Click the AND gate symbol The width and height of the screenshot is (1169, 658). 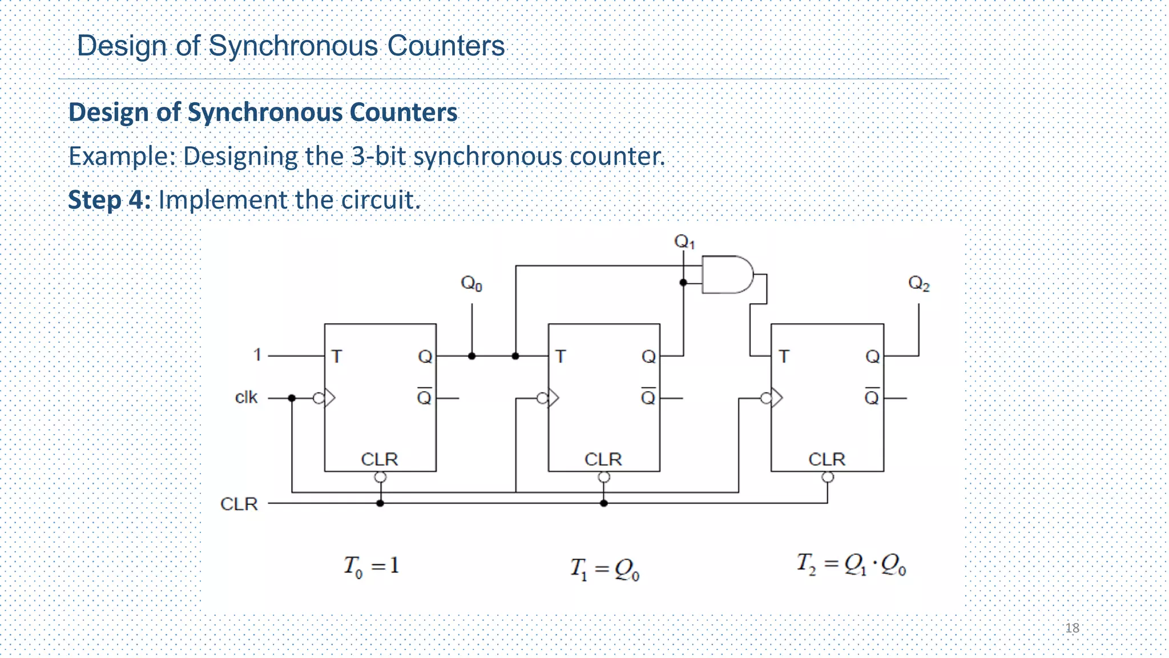(727, 275)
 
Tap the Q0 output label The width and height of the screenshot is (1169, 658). (471, 283)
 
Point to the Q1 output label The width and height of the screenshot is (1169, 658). (684, 242)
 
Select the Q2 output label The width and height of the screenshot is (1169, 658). (918, 283)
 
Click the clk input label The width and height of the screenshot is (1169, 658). (246, 397)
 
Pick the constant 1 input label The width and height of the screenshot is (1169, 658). (257, 355)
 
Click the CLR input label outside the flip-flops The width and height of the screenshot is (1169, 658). (239, 504)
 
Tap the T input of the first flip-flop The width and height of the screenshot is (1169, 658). (337, 356)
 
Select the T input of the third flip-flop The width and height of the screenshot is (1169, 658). (784, 356)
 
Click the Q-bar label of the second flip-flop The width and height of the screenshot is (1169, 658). (648, 396)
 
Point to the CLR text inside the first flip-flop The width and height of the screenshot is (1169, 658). (380, 459)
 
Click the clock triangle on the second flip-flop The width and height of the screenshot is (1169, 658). (553, 398)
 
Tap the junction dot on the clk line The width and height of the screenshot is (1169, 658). (292, 398)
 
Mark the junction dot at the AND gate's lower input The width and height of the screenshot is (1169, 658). (683, 282)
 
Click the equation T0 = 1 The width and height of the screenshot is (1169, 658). (371, 567)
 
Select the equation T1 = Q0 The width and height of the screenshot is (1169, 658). (605, 569)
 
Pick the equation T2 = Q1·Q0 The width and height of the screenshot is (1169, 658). (851, 564)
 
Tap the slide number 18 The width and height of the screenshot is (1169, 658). (1072, 628)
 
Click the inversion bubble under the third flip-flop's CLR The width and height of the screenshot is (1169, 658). (828, 477)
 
